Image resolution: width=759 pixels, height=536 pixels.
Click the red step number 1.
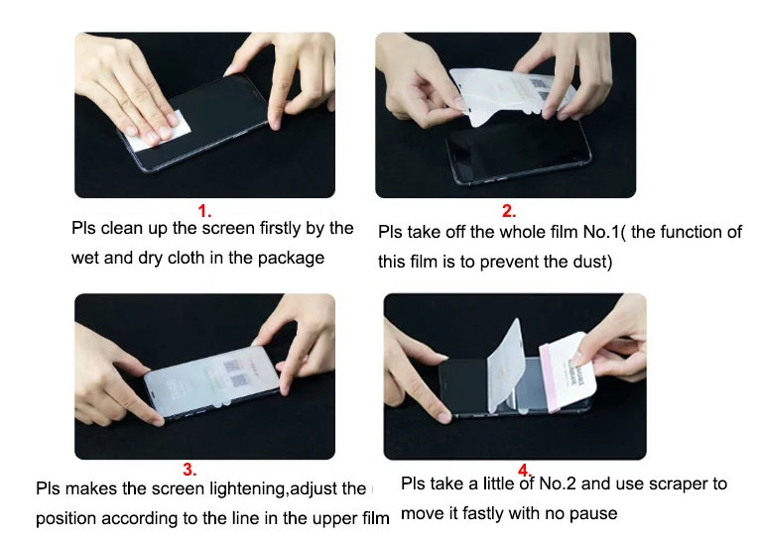tap(204, 211)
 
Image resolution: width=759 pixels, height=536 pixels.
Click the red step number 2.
tap(508, 211)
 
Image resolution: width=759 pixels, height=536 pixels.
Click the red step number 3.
tap(189, 469)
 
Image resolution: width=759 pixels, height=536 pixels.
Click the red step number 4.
tap(524, 470)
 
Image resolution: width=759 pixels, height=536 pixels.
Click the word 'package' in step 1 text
tap(293, 259)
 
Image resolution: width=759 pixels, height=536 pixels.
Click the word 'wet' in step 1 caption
tap(85, 259)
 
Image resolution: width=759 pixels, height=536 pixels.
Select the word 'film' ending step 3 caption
tap(374, 518)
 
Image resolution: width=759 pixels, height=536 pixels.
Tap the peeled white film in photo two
tap(506, 94)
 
